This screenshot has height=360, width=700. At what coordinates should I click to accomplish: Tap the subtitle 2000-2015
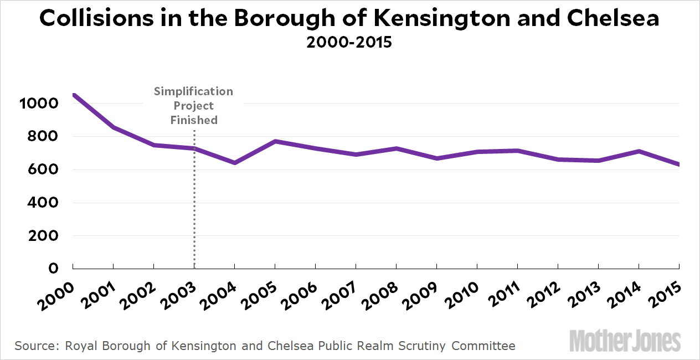click(349, 43)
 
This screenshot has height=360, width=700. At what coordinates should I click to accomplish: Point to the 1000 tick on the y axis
click(38, 104)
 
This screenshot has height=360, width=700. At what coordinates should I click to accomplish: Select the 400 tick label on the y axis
click(44, 203)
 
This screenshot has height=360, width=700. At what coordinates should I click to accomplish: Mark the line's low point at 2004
click(235, 163)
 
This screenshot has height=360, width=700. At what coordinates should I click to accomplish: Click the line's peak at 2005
click(275, 141)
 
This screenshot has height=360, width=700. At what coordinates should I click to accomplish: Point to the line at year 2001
click(114, 127)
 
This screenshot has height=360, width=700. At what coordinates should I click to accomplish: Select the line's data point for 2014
click(639, 151)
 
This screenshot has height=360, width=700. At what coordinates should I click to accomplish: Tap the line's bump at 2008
click(397, 148)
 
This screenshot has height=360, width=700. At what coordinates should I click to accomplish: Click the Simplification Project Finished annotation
click(194, 105)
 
